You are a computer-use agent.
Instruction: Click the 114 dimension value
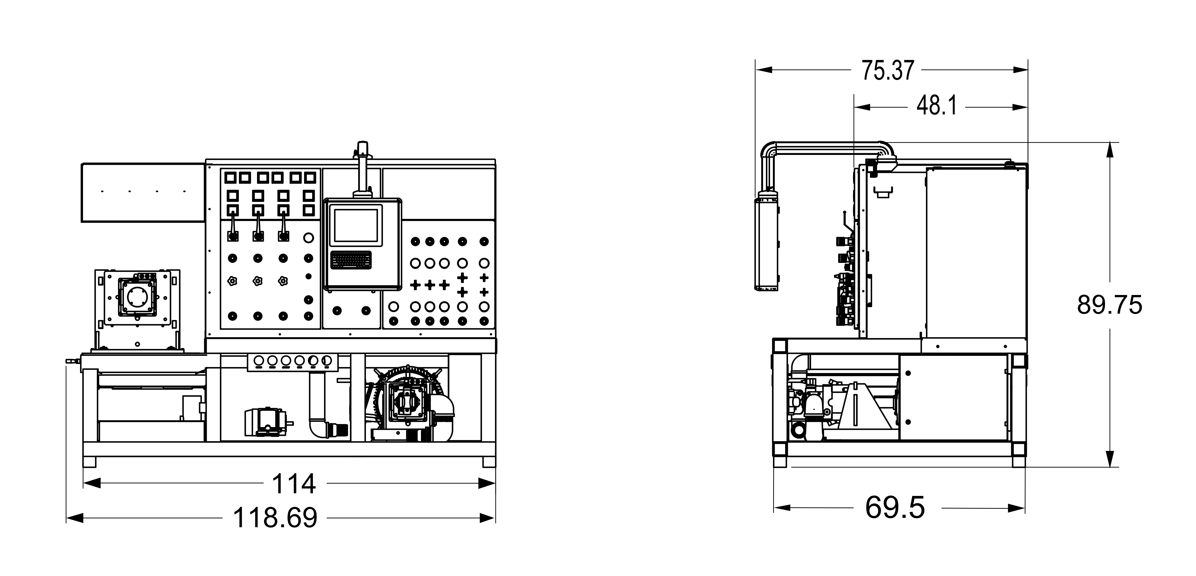[293, 484]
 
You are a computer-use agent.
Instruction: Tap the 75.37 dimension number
[888, 70]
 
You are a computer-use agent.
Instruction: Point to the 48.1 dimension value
[937, 106]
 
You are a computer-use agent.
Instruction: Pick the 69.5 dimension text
[895, 508]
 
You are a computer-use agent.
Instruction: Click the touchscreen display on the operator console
[356, 225]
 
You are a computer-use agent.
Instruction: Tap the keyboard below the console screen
[351, 261]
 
